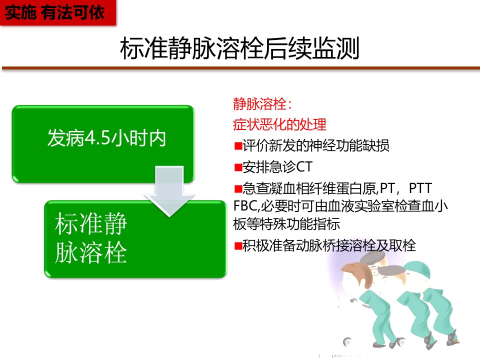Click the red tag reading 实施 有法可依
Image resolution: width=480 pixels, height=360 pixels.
[x=58, y=12]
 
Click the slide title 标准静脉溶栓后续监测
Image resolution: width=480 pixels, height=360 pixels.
[x=239, y=48]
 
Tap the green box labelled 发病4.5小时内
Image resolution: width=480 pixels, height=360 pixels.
[x=103, y=144]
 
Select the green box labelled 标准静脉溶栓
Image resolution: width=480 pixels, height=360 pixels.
[x=135, y=239]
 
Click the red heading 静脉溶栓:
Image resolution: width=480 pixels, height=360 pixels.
[x=262, y=104]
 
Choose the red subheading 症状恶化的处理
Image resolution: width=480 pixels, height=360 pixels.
[x=279, y=124]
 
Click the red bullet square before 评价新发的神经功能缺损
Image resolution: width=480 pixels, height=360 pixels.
[x=238, y=145]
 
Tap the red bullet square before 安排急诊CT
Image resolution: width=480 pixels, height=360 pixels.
[x=238, y=167]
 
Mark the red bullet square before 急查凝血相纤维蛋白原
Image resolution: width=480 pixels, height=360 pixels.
[x=238, y=188]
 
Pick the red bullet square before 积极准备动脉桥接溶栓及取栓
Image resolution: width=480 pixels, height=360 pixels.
[x=238, y=246]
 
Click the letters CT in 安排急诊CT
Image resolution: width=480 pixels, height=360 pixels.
[x=304, y=167]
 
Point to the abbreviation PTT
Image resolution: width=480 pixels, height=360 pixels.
[x=420, y=188]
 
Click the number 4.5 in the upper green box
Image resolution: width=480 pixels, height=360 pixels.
[x=96, y=138]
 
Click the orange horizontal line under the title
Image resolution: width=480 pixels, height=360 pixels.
[x=241, y=68]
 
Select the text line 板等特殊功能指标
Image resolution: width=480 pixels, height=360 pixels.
[x=286, y=224]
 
